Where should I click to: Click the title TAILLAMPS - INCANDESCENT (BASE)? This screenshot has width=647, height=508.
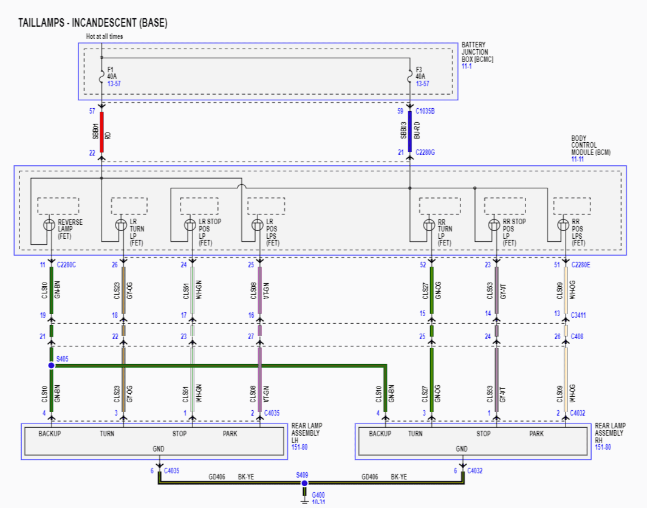tap(92, 23)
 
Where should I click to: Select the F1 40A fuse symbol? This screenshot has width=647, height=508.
tap(101, 75)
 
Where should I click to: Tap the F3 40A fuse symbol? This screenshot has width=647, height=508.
tap(410, 75)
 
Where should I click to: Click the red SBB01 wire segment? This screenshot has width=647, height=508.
tap(101, 132)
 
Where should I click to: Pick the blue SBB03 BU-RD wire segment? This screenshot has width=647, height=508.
tap(410, 132)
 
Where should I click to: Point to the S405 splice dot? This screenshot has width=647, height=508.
tap(51, 365)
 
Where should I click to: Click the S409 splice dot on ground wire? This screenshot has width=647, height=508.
tap(304, 483)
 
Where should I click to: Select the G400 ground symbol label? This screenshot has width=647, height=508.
tap(318, 495)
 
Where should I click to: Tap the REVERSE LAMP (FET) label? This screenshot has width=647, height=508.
tap(70, 229)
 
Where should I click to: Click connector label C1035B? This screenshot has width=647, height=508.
tap(425, 111)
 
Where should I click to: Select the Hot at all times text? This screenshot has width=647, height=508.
tap(104, 36)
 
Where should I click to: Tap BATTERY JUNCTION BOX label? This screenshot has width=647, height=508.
tap(478, 52)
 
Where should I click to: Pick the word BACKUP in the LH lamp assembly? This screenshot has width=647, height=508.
tap(49, 434)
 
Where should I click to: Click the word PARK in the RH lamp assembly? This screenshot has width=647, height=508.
tap(536, 434)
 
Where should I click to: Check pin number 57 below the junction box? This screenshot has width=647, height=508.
tap(92, 111)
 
